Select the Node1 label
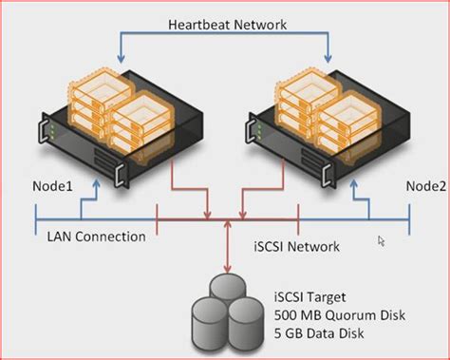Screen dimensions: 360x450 (54, 186)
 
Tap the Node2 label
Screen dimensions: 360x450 (422, 186)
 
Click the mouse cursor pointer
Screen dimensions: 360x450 (382, 241)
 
